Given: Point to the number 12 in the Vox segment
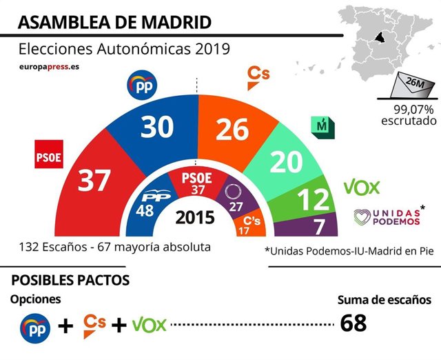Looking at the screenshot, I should (x=314, y=200).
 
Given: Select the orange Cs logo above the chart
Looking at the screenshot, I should (x=256, y=77).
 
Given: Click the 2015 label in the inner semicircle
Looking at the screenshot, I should (x=195, y=219).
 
